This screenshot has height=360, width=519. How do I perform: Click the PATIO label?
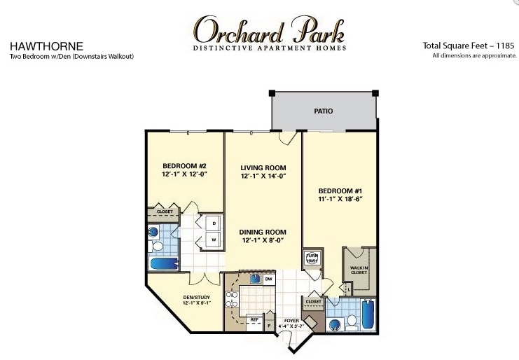click(x=323, y=111)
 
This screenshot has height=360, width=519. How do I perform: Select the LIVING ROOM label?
click(x=263, y=167)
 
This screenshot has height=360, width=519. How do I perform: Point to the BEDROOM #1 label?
click(x=340, y=191)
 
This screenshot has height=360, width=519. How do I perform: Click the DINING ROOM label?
click(x=263, y=232)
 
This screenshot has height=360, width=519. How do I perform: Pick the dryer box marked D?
click(x=214, y=223)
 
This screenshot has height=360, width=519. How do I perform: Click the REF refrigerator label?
click(x=254, y=319)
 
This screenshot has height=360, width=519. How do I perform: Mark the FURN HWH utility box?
click(x=312, y=258)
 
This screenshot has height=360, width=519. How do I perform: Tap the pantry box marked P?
click(x=269, y=325)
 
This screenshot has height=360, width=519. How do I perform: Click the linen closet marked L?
click(x=348, y=289)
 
